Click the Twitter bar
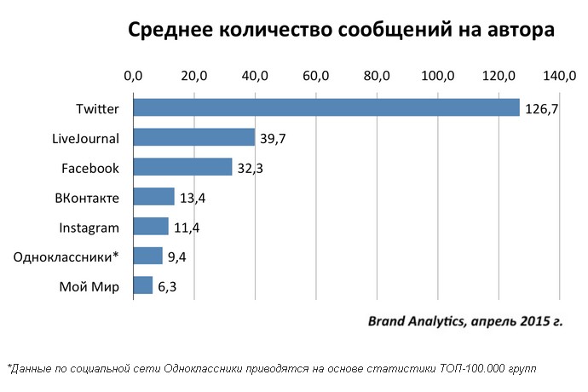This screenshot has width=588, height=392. tap(326, 107)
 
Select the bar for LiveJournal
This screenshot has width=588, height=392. tap(194, 137)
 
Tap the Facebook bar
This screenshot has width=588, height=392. tap(182, 167)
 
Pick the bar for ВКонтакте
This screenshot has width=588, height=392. tap(153, 197)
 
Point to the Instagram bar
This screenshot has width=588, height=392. tap(151, 227)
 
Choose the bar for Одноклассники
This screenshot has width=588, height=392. tap(147, 256)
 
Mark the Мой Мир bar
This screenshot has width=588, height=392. tap(143, 285)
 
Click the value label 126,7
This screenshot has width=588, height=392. tap(541, 109)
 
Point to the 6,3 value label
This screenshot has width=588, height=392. tap(167, 286)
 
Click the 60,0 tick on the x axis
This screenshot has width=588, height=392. tap(316, 76)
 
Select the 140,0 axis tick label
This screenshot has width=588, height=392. tap(559, 76)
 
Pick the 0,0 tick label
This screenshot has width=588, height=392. tap(134, 76)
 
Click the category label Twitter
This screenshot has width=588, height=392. tap(97, 109)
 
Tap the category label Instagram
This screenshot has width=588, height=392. tap(89, 228)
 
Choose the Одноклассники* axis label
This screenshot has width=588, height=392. tap(66, 257)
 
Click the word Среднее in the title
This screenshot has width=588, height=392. tap(167, 32)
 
